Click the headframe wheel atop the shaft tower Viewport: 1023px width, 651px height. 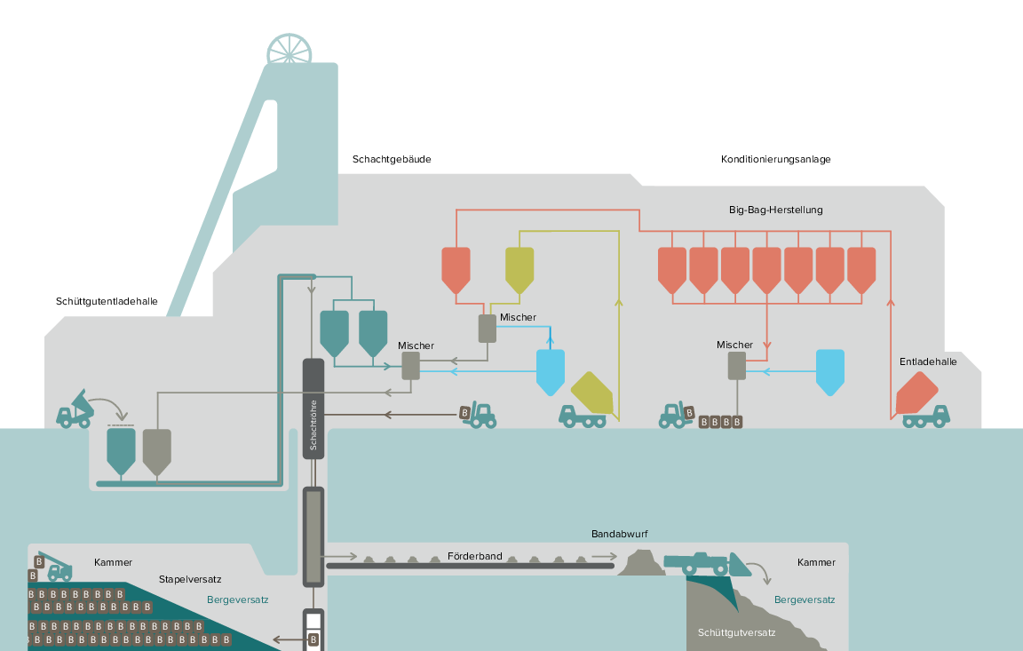click(x=289, y=50)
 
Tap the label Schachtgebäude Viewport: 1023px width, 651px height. click(x=392, y=159)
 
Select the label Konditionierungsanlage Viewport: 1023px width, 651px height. click(x=776, y=159)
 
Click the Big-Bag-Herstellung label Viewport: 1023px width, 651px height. click(x=776, y=210)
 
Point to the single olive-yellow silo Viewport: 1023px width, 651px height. click(x=520, y=270)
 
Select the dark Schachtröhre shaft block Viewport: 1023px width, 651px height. click(x=313, y=409)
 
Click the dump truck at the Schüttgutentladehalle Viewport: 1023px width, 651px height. click(x=75, y=409)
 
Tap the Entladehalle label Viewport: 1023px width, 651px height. click(x=928, y=362)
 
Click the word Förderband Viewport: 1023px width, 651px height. click(x=475, y=557)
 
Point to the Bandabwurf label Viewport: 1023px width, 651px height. click(x=620, y=535)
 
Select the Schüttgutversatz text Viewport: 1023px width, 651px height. click(x=736, y=632)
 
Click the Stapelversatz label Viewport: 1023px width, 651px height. click(x=190, y=579)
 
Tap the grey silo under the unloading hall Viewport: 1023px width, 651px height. click(x=156, y=452)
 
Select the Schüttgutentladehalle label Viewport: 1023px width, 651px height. click(x=107, y=301)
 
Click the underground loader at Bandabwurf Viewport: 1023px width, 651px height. click(x=707, y=564)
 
